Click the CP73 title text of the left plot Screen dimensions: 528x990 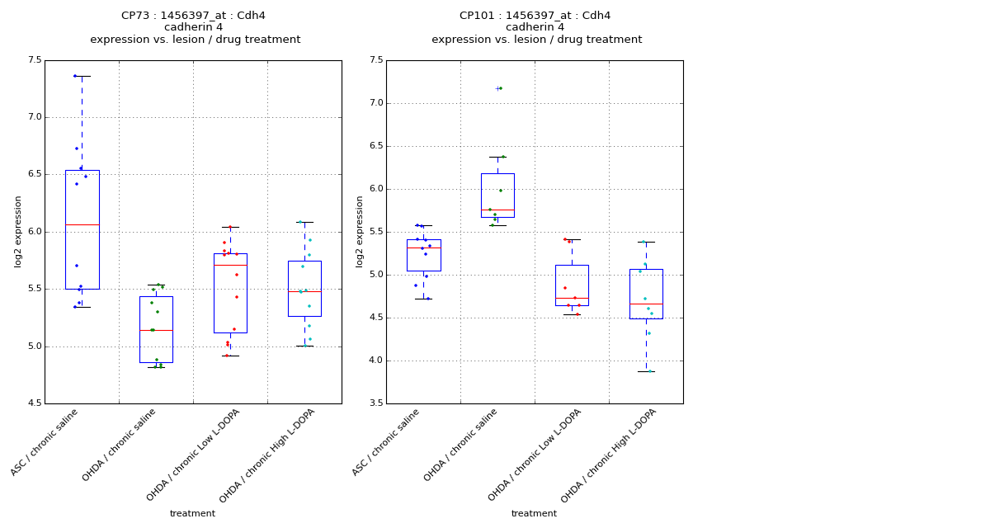pos(193,16)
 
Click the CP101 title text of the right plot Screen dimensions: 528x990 pos(535,16)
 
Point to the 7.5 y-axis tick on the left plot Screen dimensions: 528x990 pos(34,60)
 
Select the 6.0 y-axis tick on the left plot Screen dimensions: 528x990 pos(34,232)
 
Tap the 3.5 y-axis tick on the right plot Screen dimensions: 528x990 pos(375,403)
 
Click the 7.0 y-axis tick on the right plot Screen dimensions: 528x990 pos(375,103)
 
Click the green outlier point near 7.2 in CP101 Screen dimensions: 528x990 pos(500,88)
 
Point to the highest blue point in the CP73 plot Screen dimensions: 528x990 pos(75,76)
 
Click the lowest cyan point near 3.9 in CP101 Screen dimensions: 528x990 pos(649,371)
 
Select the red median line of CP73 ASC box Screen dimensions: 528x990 pos(82,224)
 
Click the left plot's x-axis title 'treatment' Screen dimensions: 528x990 pos(192,514)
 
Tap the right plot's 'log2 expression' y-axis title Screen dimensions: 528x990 pos(359,232)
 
